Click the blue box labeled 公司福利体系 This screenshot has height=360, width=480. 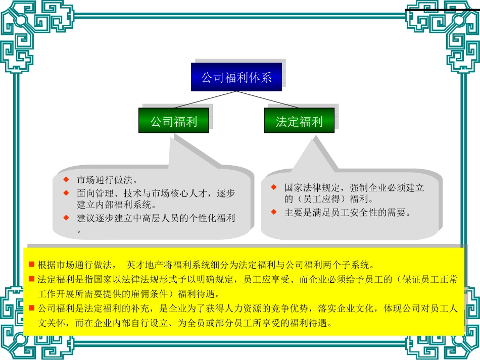[x=236, y=77]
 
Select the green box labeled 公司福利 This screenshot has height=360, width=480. [x=174, y=120]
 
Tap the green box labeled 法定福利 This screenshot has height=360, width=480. [x=299, y=120]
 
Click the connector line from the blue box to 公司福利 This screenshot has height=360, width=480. [x=205, y=99]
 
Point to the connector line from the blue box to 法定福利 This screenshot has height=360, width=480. [x=268, y=99]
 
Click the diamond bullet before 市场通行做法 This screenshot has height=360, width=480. [x=66, y=179]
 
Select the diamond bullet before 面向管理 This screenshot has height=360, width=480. [x=66, y=193]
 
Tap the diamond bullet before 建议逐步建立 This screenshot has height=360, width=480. [x=66, y=218]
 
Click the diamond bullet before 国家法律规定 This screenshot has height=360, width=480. [x=274, y=187]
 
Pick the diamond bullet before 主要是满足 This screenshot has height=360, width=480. [x=274, y=212]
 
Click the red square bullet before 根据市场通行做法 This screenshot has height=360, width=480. [x=31, y=264]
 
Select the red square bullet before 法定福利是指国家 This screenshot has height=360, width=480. [x=31, y=279]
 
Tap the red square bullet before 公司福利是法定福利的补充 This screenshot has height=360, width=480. [x=31, y=307]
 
